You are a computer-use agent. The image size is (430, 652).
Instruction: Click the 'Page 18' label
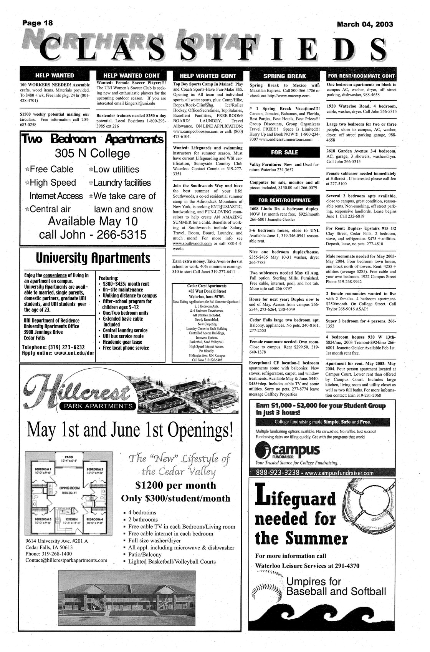click(37, 23)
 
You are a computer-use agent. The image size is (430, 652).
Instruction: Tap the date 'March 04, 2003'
click(365, 25)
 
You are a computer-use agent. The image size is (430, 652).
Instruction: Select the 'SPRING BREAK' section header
click(284, 76)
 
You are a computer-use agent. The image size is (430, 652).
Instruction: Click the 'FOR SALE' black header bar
click(284, 152)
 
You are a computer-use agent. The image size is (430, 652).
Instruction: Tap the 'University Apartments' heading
click(93, 258)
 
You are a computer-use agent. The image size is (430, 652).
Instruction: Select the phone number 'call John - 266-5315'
click(93, 234)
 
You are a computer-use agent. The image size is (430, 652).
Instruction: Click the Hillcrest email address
click(66, 560)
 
